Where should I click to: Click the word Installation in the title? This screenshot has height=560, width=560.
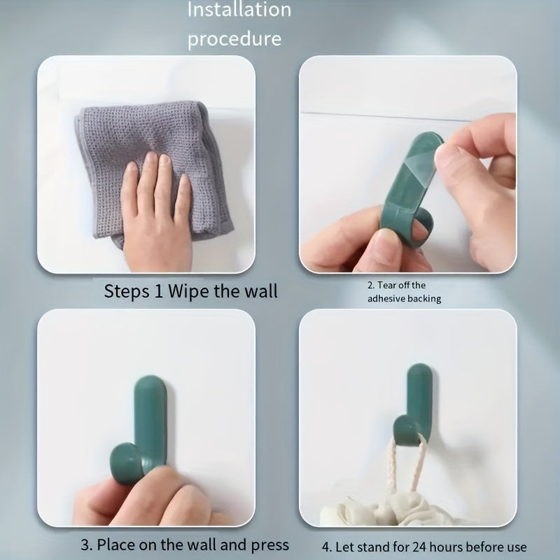pyautogui.click(x=239, y=10)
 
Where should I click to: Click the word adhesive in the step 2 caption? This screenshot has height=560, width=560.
pyautogui.click(x=389, y=299)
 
